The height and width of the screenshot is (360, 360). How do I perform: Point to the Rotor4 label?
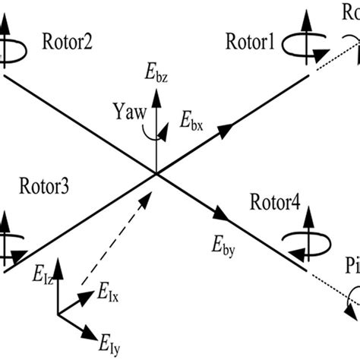tap(274, 202)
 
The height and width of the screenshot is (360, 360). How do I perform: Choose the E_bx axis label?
tap(191, 118)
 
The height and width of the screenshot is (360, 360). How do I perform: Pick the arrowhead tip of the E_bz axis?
tap(156, 90)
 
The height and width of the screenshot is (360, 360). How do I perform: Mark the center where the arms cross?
tap(156, 174)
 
